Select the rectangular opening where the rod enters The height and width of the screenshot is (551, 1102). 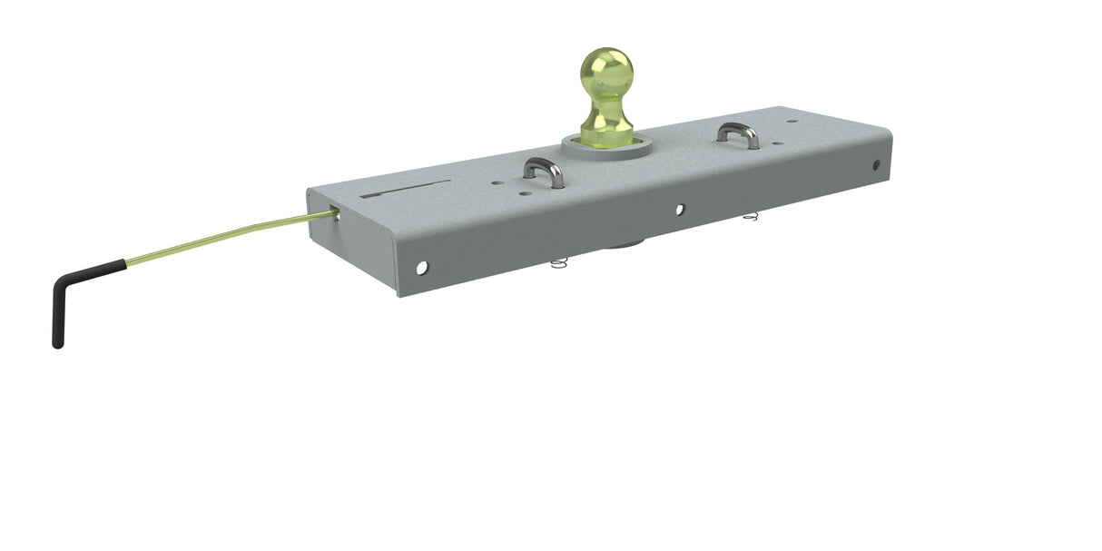pyautogui.click(x=335, y=214)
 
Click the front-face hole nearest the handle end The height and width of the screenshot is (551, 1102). pyautogui.click(x=422, y=267)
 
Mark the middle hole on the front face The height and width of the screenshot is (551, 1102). pyautogui.click(x=680, y=210)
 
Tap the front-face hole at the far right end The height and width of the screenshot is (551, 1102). pyautogui.click(x=876, y=165)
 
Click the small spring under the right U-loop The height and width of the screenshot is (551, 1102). pyautogui.click(x=750, y=217)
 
